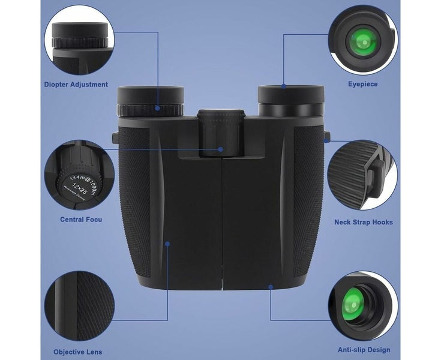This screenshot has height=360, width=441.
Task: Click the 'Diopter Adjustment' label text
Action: coord(76,85)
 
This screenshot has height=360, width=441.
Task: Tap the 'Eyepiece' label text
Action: coord(363,84)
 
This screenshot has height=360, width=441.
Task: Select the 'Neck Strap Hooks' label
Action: coord(363,222)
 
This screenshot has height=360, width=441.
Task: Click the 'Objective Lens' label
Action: coord(77,352)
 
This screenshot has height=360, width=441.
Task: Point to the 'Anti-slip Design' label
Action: coord(363,350)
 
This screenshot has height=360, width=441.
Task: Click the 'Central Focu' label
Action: coord(81,220)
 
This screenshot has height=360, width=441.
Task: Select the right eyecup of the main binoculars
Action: coord(291,94)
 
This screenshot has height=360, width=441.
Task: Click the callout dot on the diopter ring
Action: coord(158,109)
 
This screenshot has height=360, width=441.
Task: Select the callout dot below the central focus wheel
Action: coord(221,149)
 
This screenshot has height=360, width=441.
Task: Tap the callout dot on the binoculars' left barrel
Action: coord(167,244)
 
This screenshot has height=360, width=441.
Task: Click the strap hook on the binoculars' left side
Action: coord(114,137)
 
